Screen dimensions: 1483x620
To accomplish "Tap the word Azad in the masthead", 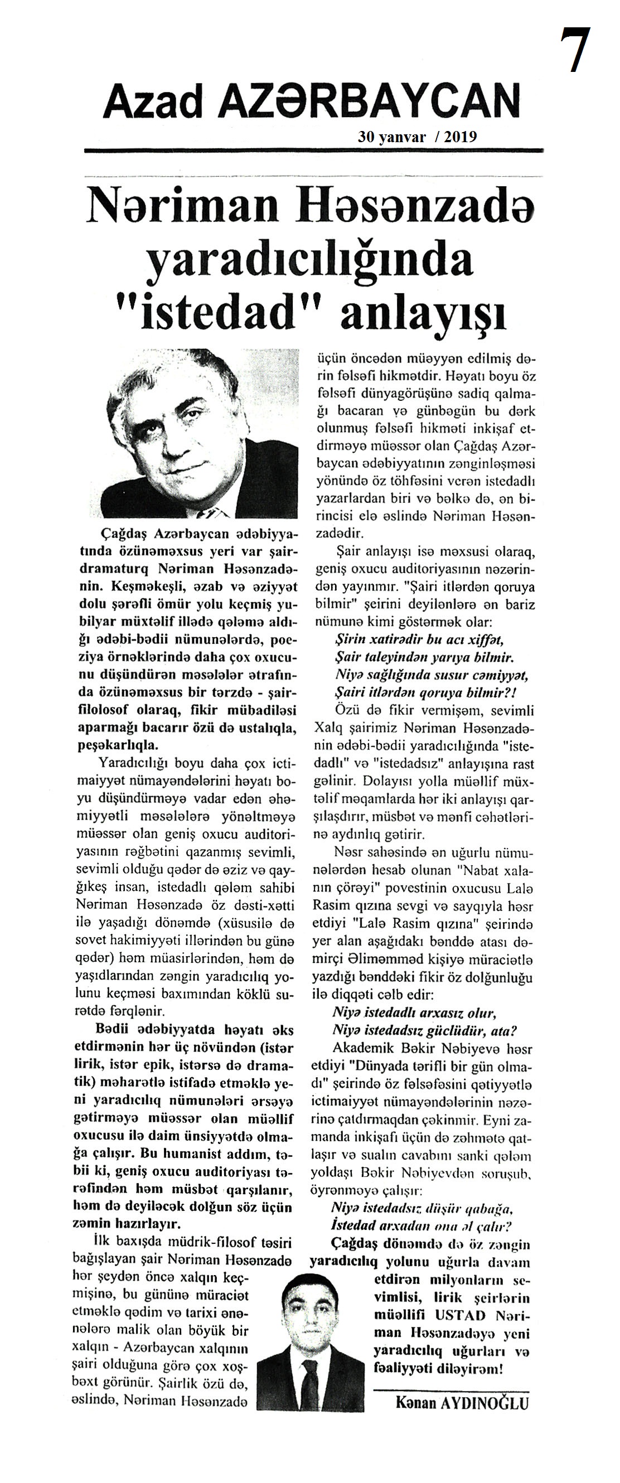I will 153,101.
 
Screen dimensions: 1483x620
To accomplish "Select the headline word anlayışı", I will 424,313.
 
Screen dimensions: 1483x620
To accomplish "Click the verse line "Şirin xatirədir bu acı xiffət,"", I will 420,639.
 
